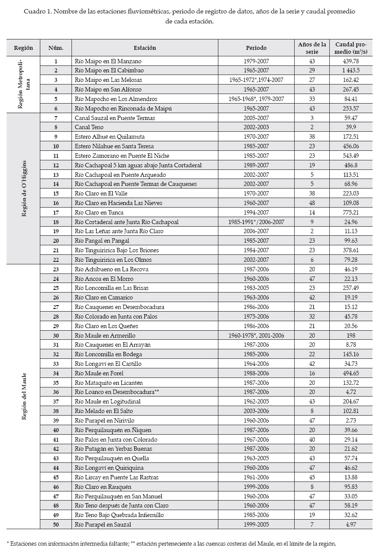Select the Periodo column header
click(x=256, y=48)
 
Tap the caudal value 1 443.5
click(x=351, y=71)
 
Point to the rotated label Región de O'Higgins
click(x=24, y=189)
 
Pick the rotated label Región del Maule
click(x=24, y=397)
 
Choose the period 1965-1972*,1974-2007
click(x=256, y=80)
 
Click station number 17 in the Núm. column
click(x=56, y=212)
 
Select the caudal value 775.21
click(x=351, y=212)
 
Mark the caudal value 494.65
click(x=351, y=373)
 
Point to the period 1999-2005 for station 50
click(x=256, y=525)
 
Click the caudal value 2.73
click(x=351, y=420)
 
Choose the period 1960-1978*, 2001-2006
click(x=256, y=335)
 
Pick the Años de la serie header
click(x=312, y=48)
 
